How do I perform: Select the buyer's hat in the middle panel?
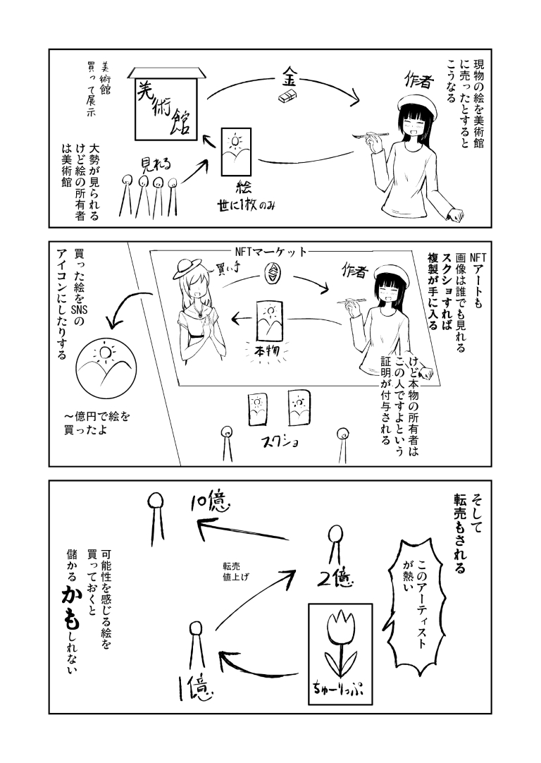(x=187, y=265)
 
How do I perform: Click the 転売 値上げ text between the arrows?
(x=236, y=570)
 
